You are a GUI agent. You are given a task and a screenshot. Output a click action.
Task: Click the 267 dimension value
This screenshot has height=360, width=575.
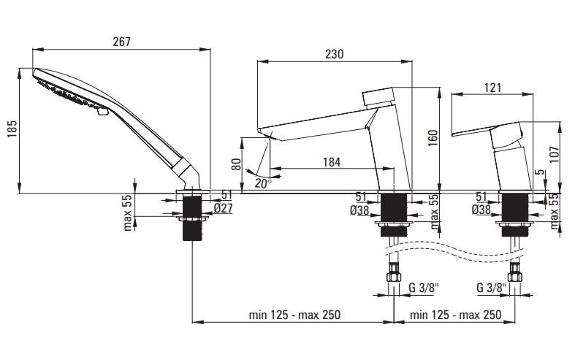tap(121, 42)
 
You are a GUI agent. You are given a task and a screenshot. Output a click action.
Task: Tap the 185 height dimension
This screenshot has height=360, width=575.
tap(13, 129)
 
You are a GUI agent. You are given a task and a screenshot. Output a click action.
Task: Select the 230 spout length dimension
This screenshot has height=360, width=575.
tap(334, 54)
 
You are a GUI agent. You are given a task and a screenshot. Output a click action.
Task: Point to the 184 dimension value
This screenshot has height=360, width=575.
tap(332, 162)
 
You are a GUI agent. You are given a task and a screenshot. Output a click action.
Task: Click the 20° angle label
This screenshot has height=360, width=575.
tap(263, 183)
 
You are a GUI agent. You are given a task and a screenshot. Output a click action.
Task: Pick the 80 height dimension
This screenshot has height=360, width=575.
tap(237, 164)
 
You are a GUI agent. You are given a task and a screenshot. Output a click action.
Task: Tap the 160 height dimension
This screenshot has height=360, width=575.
tap(433, 138)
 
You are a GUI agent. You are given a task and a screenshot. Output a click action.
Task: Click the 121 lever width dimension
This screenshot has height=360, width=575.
tap(492, 88)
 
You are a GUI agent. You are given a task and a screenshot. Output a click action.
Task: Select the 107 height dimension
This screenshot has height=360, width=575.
tap(554, 154)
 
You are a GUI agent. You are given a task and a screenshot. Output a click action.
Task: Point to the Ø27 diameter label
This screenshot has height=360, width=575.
tap(223, 208)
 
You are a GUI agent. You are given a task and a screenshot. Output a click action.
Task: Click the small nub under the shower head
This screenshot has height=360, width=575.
tap(103, 112)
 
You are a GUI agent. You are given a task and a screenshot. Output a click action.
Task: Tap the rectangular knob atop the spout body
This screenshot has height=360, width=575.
tap(378, 96)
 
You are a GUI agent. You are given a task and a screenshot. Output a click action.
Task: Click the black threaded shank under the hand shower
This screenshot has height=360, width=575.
tap(193, 218)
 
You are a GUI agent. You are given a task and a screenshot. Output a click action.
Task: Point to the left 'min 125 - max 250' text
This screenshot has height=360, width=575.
tap(294, 315)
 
